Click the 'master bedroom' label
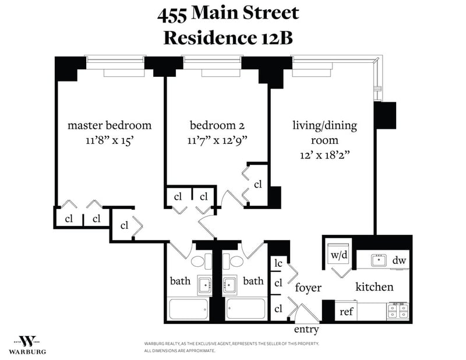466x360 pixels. (110, 125)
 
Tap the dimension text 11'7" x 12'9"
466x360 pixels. (217, 140)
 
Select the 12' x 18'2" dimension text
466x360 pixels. (324, 155)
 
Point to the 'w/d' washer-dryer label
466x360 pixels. (339, 255)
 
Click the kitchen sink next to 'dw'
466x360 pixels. (379, 260)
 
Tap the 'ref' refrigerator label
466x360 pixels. (346, 312)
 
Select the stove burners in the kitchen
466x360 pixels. (398, 311)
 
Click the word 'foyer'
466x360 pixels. (308, 287)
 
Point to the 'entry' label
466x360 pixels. (306, 329)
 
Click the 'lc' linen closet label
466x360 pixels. (278, 263)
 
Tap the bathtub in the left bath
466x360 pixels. (188, 309)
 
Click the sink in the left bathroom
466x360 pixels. (205, 285)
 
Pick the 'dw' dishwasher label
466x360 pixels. (399, 260)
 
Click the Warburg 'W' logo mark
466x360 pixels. (27, 341)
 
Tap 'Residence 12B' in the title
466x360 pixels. (228, 38)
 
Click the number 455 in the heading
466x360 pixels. (171, 16)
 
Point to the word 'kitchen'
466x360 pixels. (375, 287)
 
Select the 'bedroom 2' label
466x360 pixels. (217, 125)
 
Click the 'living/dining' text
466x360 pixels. (325, 126)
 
